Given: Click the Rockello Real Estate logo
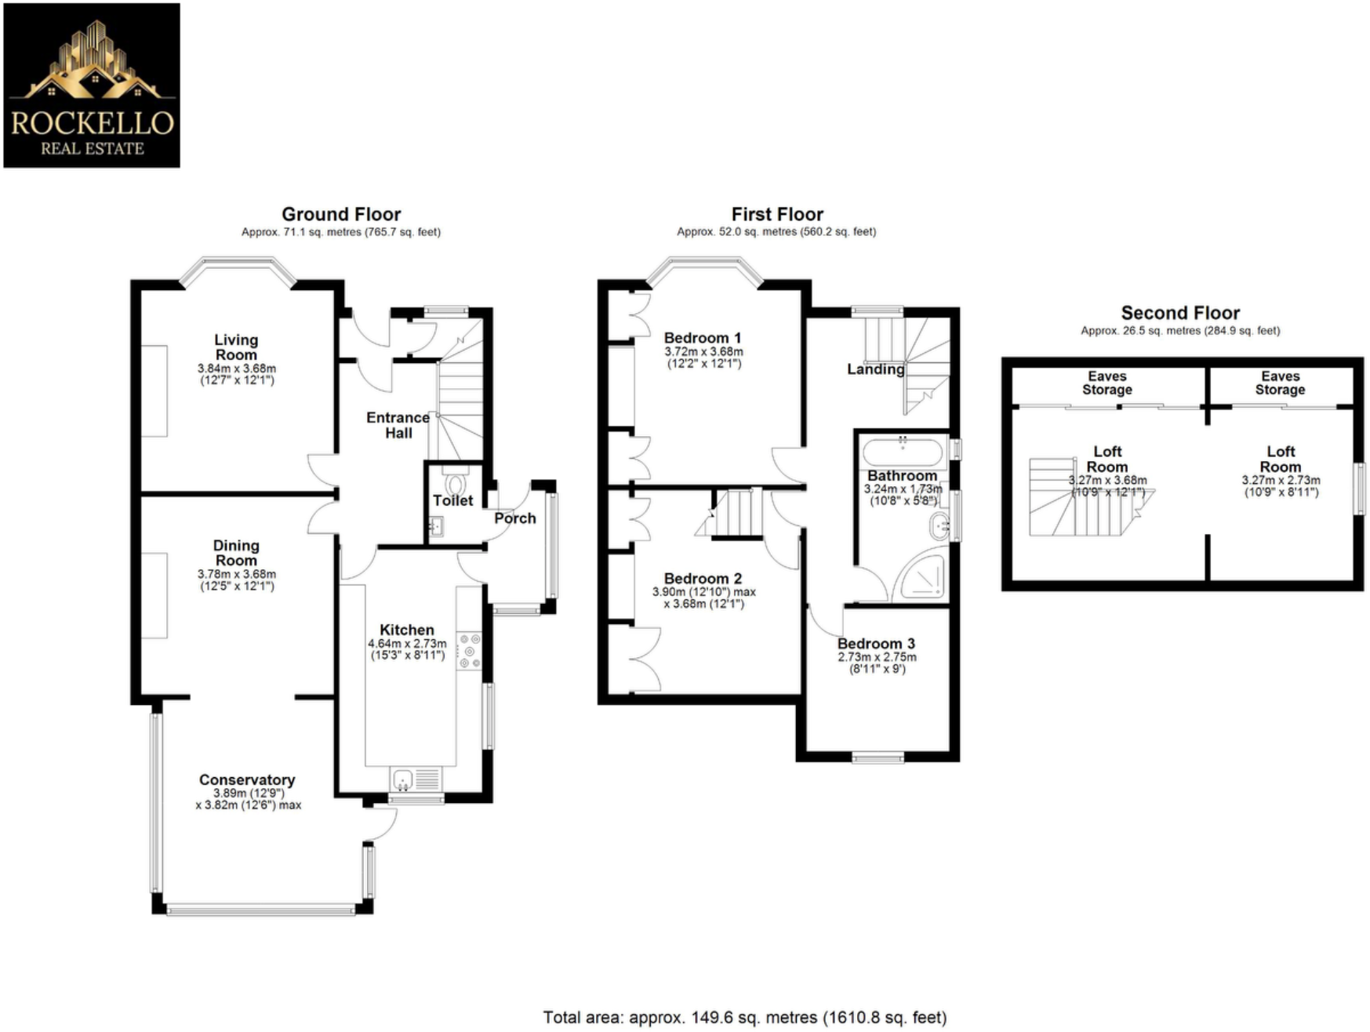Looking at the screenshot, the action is click(92, 85).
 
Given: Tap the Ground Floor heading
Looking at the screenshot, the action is click(341, 214).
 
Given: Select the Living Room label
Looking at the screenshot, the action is click(236, 347).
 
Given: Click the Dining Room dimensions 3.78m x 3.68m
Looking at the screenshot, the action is click(236, 574).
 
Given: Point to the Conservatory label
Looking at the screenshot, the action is click(247, 779).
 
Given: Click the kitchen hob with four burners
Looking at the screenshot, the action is click(469, 652).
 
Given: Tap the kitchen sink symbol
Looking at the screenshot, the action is click(403, 779).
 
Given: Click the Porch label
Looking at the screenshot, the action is click(515, 518).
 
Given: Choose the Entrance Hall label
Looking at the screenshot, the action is click(398, 425).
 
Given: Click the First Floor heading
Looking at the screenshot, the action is click(777, 214).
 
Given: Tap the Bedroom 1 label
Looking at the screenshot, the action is click(703, 338).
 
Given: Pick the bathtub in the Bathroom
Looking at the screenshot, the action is click(902, 452).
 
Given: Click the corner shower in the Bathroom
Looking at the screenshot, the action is click(922, 577).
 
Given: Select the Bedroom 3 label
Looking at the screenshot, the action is click(876, 644).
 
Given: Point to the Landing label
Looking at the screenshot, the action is click(875, 369).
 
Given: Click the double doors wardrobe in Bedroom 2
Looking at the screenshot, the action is click(645, 659).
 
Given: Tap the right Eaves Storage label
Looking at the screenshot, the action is click(1280, 383).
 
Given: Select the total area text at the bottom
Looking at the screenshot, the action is click(744, 1018).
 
